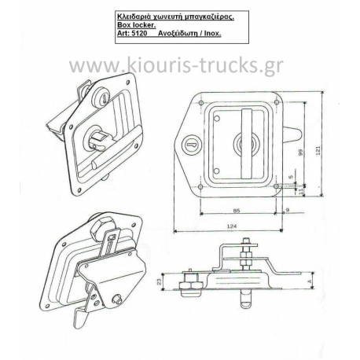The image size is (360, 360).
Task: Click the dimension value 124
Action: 232,226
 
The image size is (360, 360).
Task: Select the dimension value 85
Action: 237,210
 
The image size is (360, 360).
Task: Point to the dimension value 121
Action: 318,150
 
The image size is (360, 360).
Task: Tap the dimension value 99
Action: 300,152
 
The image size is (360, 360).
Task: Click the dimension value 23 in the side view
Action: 159,282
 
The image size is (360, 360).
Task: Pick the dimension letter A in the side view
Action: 309,281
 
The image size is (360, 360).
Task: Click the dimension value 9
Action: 288,210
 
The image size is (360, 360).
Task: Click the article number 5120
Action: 140,34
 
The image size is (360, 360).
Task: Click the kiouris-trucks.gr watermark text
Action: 176,65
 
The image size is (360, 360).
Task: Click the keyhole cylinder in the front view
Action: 192,144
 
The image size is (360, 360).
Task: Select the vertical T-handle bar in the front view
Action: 247,144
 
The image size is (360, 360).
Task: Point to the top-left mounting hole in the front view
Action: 201,103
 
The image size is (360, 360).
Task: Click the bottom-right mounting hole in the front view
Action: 276,186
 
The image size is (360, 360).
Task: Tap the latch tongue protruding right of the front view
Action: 292,134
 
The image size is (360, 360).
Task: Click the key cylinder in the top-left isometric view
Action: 101,97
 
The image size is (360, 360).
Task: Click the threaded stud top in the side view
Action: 246,241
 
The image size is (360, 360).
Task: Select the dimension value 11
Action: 301,191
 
